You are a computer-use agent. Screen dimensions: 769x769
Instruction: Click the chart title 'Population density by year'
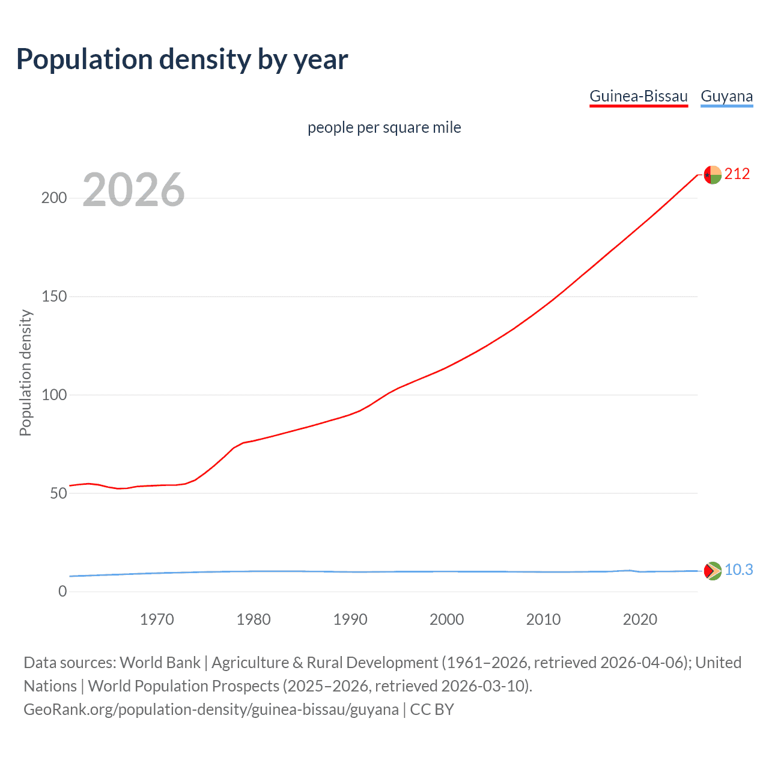pos(182,59)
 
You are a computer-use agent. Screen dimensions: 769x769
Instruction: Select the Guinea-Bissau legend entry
pos(638,96)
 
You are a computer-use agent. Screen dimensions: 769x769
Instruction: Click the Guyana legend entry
pos(726,96)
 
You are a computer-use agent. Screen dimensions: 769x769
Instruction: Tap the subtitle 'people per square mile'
pos(384,127)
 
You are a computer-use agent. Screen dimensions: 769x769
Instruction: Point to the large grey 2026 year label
pos(133,190)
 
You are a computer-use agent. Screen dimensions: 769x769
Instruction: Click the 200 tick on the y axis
pos(54,198)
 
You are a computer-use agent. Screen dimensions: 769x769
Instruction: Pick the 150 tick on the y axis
pos(54,297)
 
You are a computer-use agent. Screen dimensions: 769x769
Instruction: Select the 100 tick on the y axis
pos(54,395)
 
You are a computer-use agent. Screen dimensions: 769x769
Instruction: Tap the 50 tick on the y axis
pos(58,493)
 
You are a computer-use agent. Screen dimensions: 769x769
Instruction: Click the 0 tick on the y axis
pos(62,592)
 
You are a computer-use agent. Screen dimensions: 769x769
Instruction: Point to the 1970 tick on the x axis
pos(157,619)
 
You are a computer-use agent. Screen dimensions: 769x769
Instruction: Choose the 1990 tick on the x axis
pos(350,619)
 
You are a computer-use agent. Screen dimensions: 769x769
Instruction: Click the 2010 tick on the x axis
pos(543,619)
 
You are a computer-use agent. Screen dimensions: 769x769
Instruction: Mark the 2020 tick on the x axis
pos(640,619)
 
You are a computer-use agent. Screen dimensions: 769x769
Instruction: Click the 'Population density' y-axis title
pos(25,372)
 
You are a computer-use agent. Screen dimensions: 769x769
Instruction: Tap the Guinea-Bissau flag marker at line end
pos(713,175)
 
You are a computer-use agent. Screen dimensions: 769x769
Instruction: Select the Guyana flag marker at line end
pos(713,571)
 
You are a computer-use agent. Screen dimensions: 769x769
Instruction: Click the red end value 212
pos(737,174)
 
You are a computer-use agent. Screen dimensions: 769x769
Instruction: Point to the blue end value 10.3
pos(738,570)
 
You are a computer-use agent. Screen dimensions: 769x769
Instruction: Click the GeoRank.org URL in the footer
pos(211,710)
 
